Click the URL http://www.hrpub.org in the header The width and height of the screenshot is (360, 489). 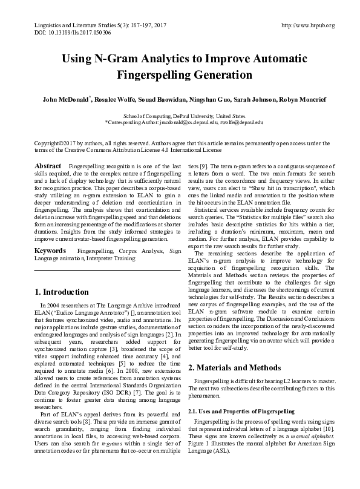308,25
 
